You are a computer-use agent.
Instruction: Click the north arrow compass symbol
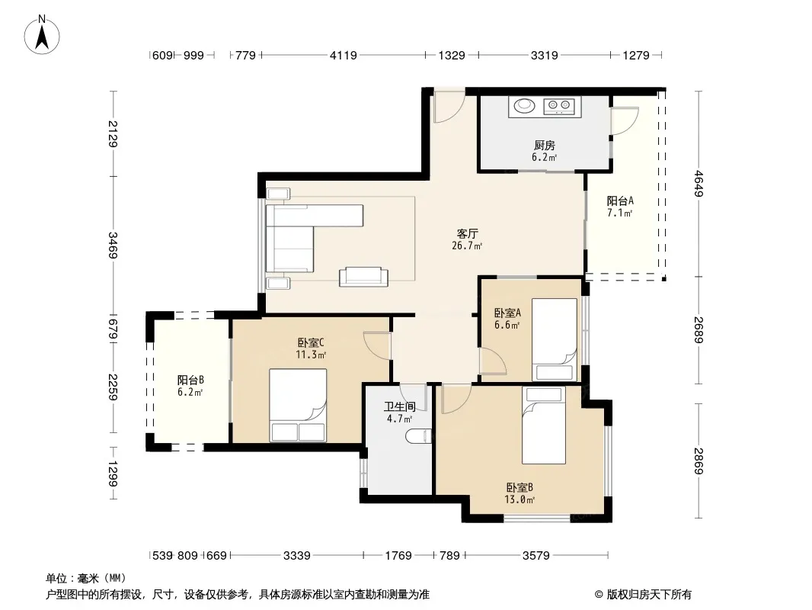(42, 35)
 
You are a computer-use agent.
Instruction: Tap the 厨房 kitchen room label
(545, 146)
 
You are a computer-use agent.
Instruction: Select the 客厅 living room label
(467, 234)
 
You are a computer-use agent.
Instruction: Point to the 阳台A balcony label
(620, 201)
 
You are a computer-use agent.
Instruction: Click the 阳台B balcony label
(190, 380)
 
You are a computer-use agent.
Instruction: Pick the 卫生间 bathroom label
(399, 407)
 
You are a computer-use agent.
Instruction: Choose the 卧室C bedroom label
(311, 342)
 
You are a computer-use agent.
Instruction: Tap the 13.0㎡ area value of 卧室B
(519, 499)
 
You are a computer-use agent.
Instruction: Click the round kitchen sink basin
(524, 106)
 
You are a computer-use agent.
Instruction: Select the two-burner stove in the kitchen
(559, 106)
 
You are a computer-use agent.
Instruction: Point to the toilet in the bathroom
(418, 436)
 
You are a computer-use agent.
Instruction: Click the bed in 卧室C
(298, 406)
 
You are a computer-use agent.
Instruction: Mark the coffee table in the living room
(363, 277)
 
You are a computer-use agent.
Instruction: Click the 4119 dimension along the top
(344, 55)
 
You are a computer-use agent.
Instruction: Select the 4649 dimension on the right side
(699, 184)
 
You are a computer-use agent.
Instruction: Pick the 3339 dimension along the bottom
(297, 556)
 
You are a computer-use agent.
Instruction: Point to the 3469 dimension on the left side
(113, 245)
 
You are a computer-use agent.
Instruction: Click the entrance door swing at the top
(449, 106)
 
